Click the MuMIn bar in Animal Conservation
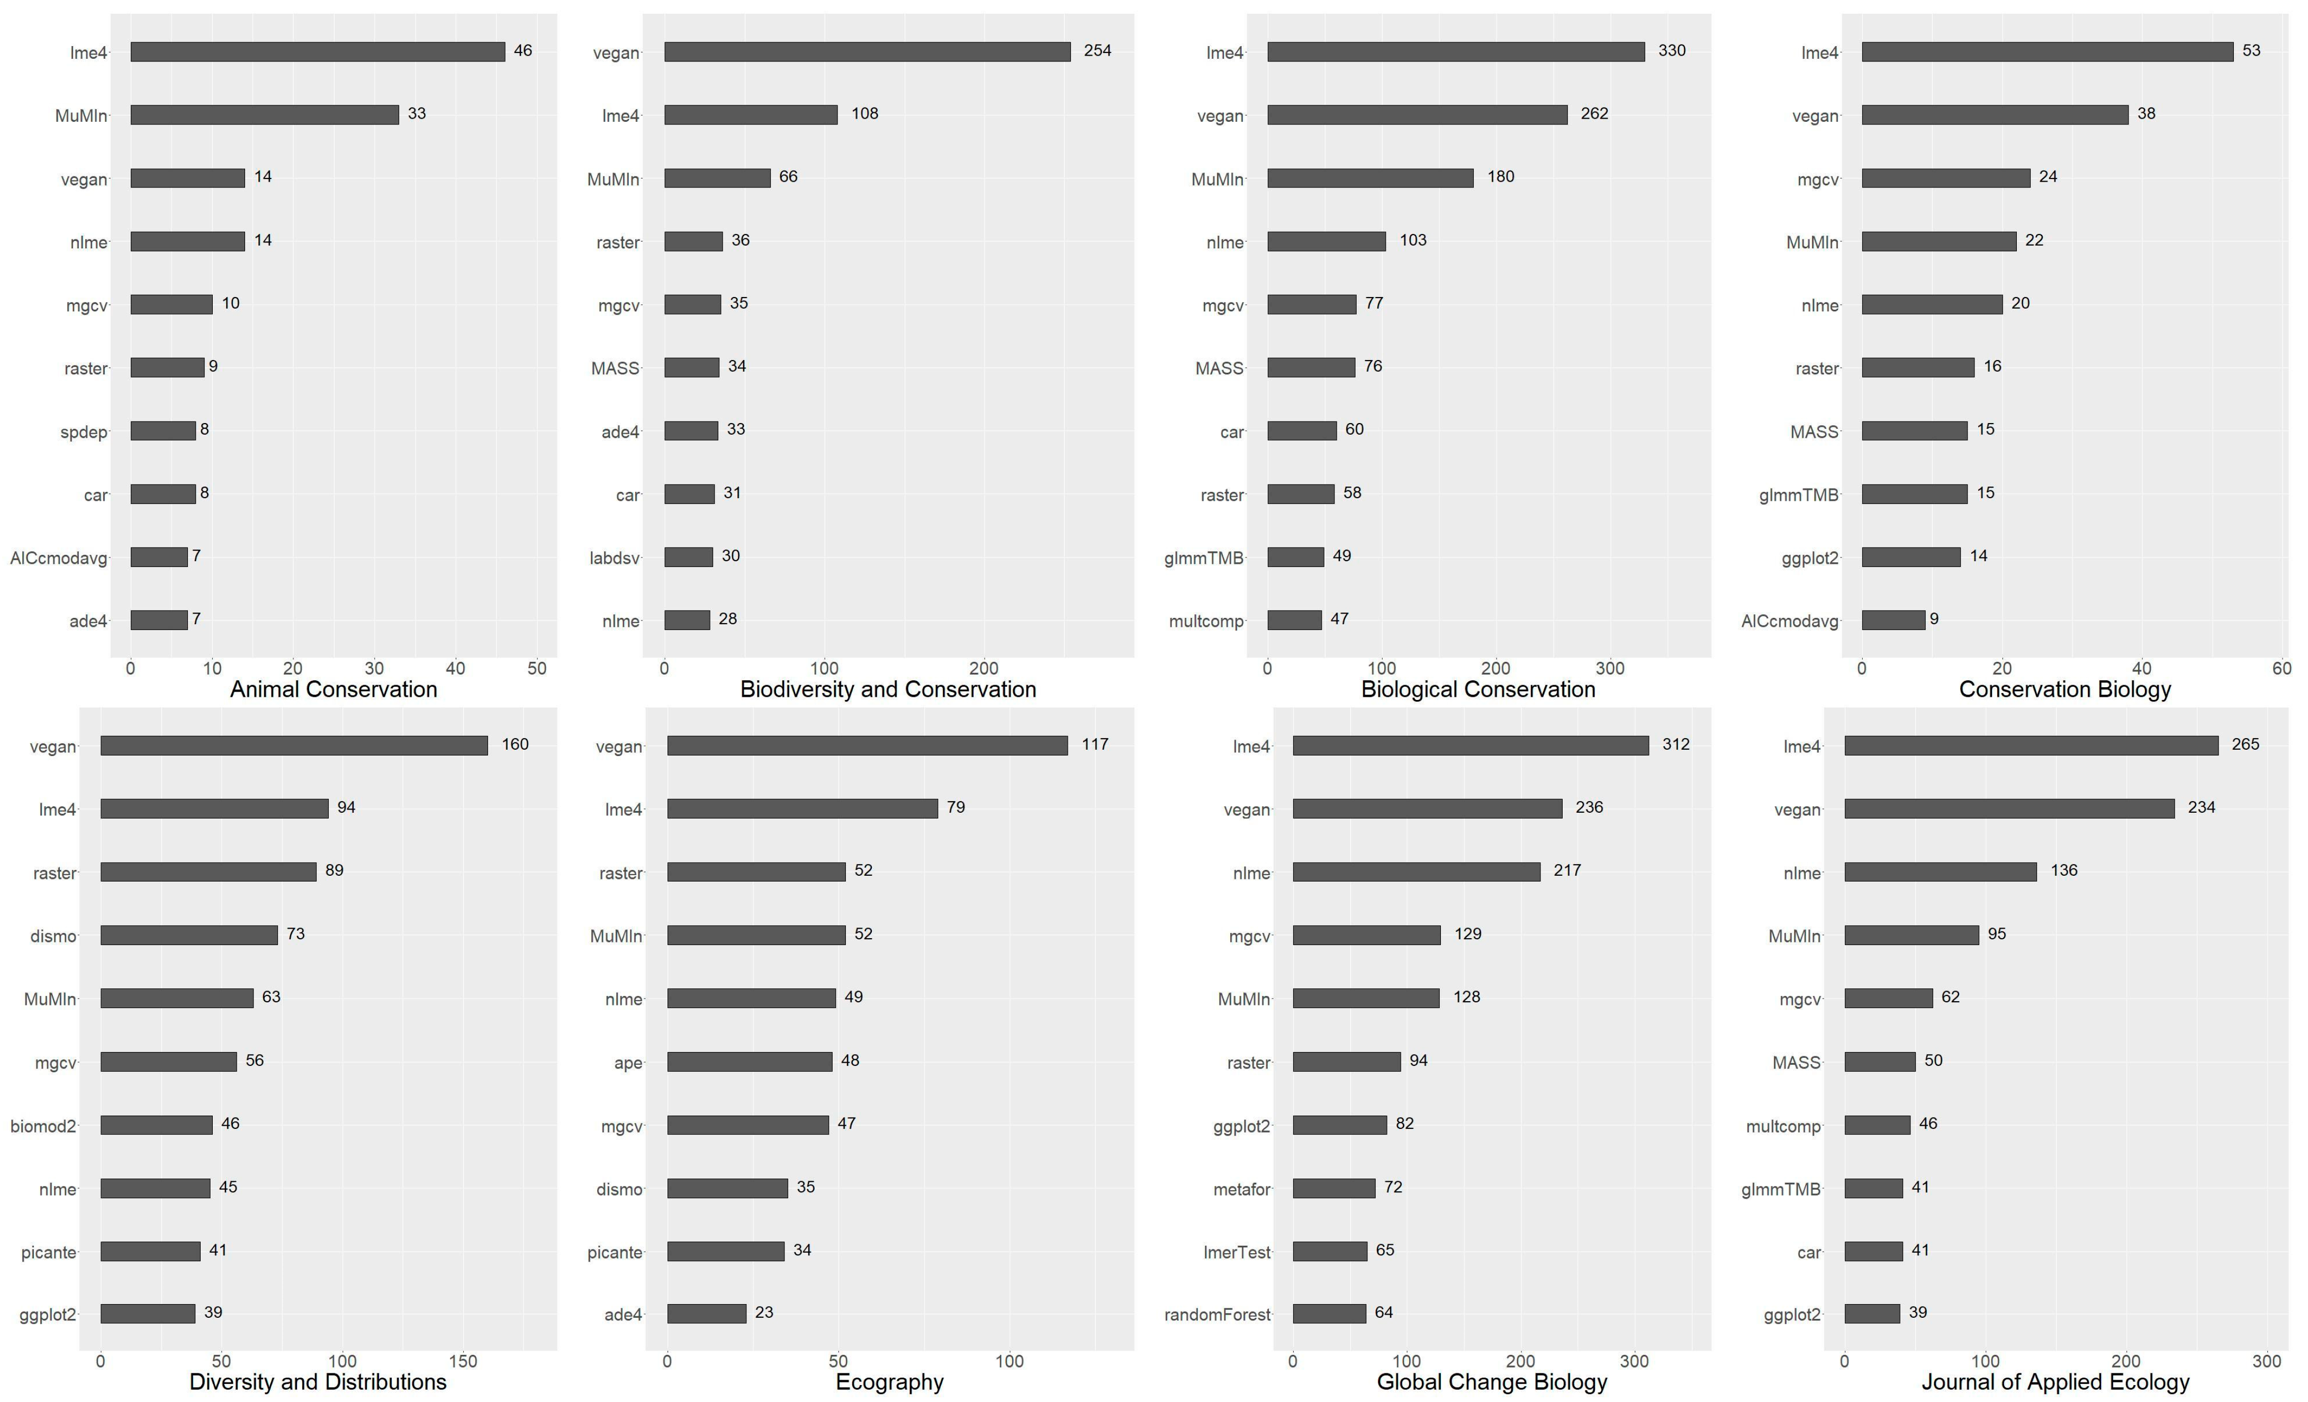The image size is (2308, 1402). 264,114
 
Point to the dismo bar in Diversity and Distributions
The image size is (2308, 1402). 189,934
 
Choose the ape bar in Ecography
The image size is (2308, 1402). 750,1061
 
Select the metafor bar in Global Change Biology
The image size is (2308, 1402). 1334,1188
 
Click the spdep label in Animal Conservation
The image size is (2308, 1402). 83,432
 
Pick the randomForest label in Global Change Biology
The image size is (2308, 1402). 1217,1315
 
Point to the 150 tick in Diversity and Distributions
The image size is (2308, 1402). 463,1361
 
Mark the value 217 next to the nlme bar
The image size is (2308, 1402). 1567,870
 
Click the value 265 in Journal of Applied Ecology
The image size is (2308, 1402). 2245,744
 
